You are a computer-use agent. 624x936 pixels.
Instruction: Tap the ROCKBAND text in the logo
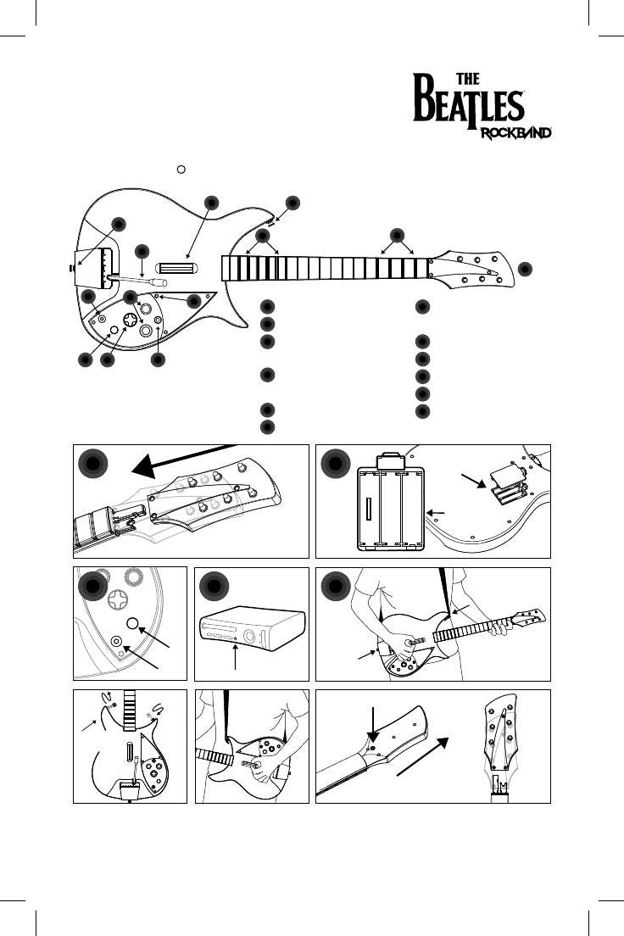(x=518, y=133)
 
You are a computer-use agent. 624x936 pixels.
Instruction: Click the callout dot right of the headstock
(x=526, y=268)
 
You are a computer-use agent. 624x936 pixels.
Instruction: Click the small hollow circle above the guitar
(x=181, y=170)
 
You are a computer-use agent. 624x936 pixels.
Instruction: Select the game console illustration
(x=250, y=632)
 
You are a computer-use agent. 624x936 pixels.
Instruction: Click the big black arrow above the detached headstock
(x=178, y=457)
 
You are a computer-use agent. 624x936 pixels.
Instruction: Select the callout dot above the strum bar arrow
(x=211, y=202)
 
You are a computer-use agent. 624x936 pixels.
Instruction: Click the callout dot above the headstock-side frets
(x=396, y=235)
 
